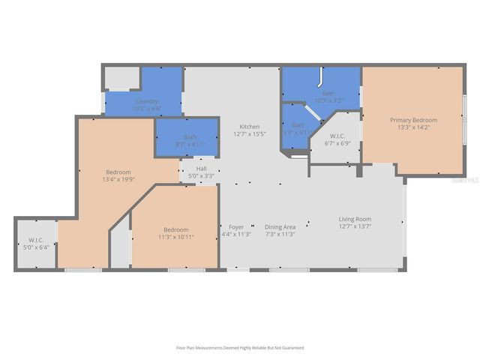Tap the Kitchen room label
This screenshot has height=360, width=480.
(250, 127)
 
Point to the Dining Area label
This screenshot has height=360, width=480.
(279, 226)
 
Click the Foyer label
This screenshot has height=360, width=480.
(236, 226)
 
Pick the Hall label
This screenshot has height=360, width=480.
(201, 169)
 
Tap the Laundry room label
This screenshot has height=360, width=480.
(146, 101)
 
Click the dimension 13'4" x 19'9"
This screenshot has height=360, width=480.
(118, 179)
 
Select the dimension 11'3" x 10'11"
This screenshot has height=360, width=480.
(177, 237)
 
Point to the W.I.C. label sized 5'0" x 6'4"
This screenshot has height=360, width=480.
(36, 247)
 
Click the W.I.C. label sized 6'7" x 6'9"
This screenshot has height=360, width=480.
(337, 143)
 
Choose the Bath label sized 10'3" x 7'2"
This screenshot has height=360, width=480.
(328, 100)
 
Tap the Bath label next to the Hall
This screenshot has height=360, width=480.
(190, 137)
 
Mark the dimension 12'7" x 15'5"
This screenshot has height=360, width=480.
(250, 134)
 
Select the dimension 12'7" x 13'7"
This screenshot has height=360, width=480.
(355, 226)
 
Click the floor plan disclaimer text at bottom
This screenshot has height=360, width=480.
(240, 348)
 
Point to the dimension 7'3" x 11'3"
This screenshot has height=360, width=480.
(279, 234)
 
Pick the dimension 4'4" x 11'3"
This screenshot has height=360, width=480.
(236, 234)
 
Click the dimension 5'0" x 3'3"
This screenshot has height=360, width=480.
(201, 176)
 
